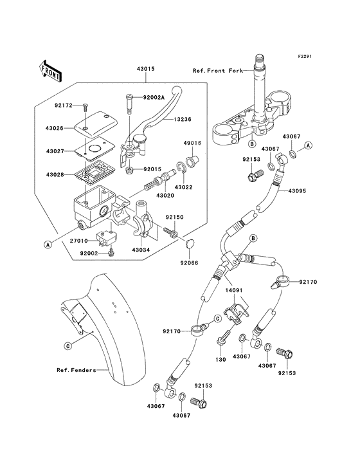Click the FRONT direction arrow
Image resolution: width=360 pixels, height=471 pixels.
click(50, 71)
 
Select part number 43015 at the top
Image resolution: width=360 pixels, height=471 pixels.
click(145, 69)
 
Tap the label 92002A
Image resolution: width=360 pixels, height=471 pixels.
click(154, 97)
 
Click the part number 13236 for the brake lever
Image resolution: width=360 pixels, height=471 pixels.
click(183, 119)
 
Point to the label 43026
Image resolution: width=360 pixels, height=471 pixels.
click(55, 128)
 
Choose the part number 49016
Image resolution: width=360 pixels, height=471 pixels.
click(192, 143)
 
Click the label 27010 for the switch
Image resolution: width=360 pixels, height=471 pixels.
click(79, 241)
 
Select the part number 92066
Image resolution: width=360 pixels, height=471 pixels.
click(189, 263)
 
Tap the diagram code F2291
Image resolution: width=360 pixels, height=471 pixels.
click(305, 56)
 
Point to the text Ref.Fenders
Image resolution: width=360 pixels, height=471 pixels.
click(76, 370)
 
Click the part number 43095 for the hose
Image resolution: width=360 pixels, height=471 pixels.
click(297, 190)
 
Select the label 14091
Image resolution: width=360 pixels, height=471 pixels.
click(234, 290)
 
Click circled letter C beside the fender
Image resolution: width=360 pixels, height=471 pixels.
click(68, 346)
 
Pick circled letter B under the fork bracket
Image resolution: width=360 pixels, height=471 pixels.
click(252, 144)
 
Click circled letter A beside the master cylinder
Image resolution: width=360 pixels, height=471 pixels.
click(47, 245)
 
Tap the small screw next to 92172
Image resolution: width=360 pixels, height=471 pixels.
click(85, 106)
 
